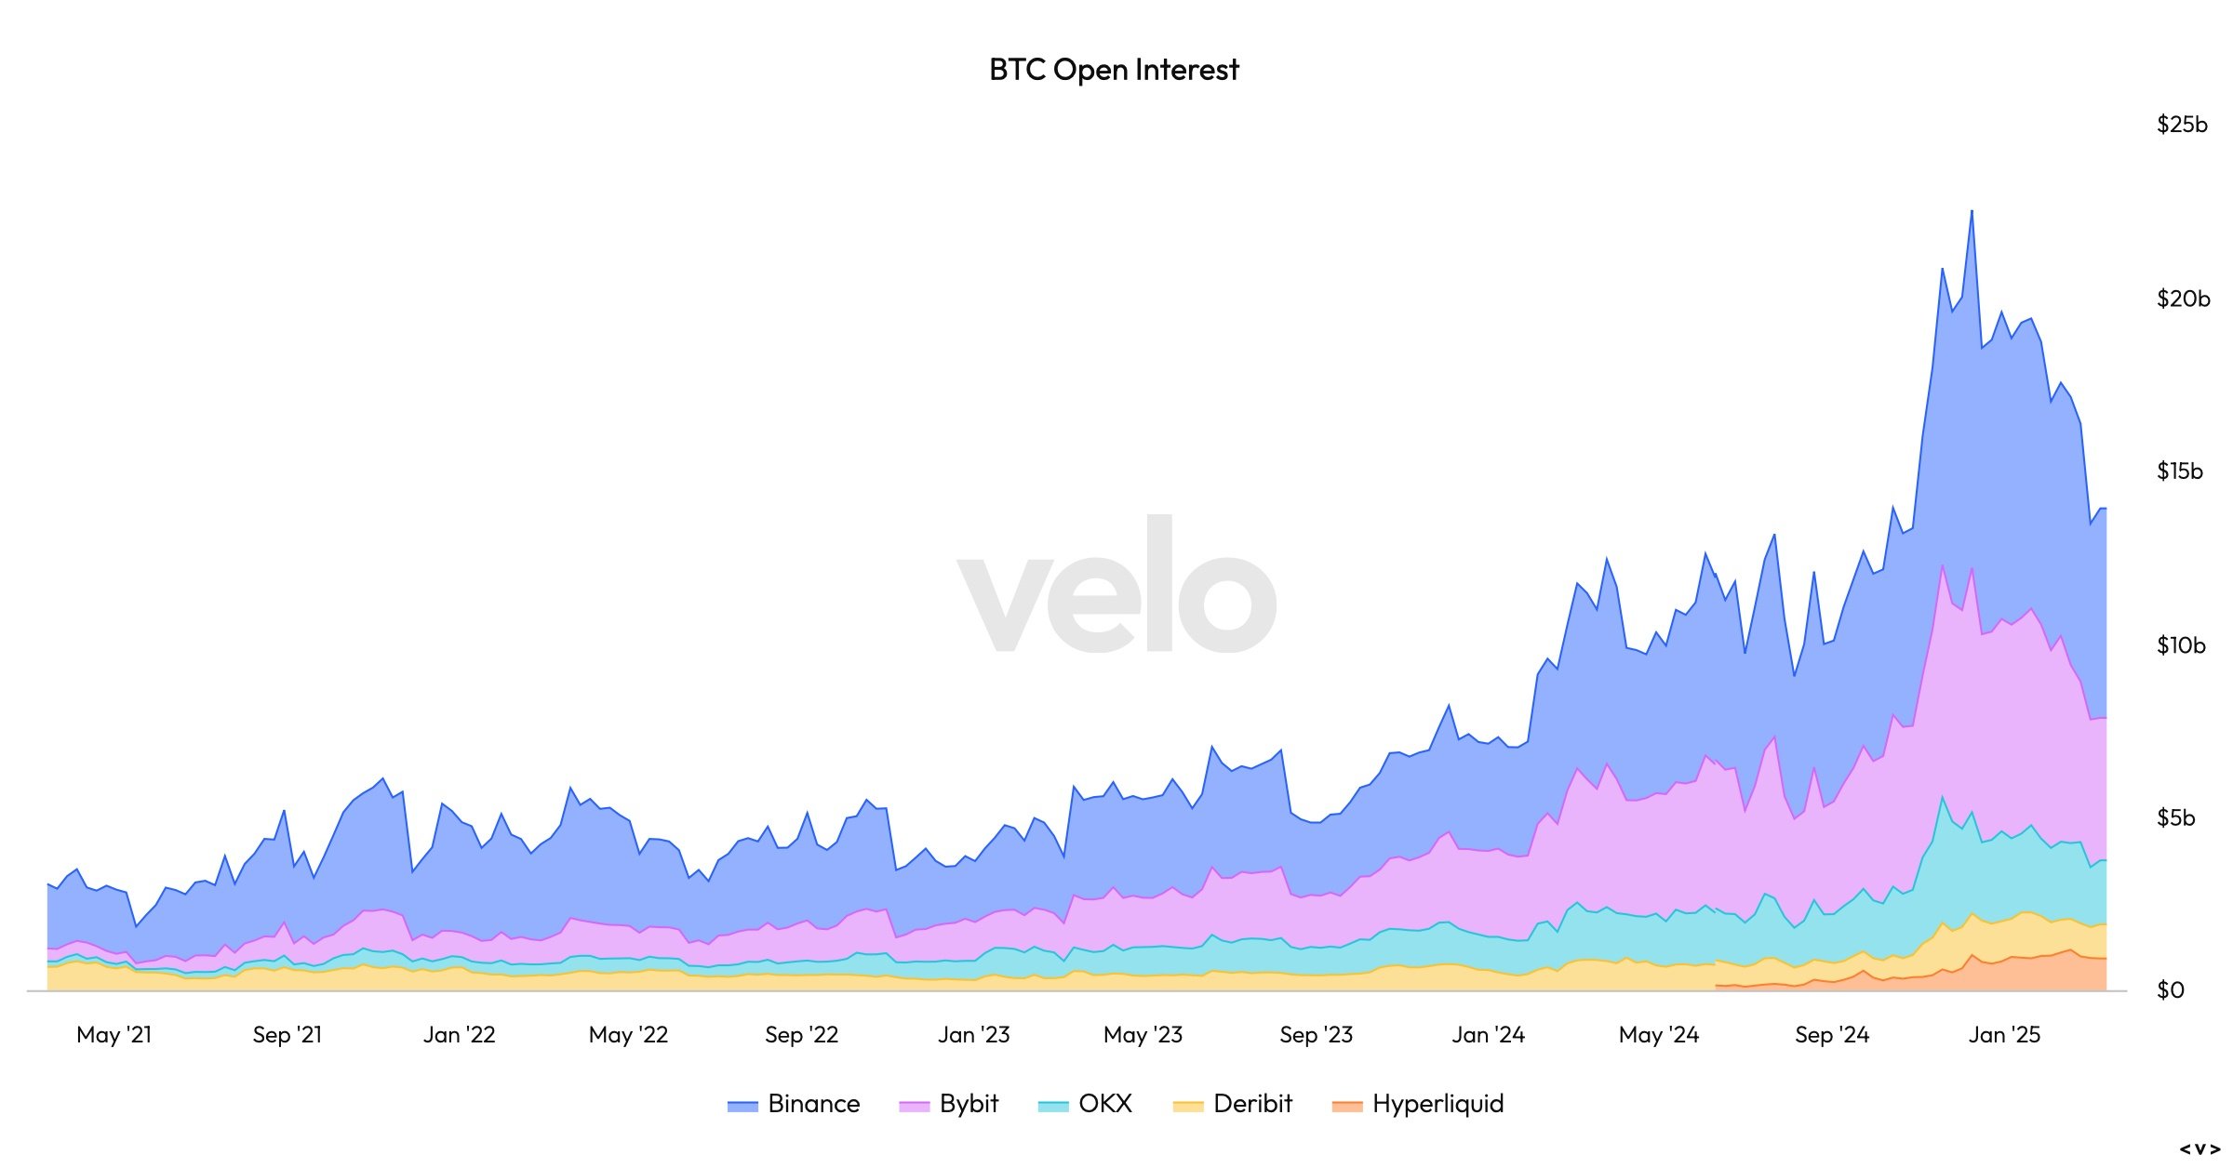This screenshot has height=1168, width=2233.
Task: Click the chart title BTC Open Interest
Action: click(1114, 70)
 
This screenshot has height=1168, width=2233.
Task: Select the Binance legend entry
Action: click(794, 1104)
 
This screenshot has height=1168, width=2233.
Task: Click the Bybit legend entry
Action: click(948, 1104)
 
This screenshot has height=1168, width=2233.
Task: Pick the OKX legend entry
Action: click(1085, 1104)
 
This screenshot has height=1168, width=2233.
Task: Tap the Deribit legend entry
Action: click(1233, 1104)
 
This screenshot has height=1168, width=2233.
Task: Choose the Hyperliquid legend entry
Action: click(1418, 1104)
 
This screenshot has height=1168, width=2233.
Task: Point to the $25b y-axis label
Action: click(2182, 125)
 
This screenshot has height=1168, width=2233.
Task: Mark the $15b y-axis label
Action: click(2180, 471)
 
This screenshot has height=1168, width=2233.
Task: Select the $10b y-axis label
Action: click(2182, 645)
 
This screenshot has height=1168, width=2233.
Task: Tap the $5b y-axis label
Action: click(2175, 818)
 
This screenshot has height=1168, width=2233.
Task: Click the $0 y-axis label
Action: click(2171, 990)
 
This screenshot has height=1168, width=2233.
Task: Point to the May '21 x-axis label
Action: click(114, 1035)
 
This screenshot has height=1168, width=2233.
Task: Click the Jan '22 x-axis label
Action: click(460, 1035)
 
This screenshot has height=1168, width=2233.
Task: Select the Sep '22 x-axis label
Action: click(802, 1035)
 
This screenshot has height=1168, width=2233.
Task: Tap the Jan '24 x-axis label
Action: click(1489, 1035)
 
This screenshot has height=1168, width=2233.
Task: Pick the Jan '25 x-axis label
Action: click(2004, 1035)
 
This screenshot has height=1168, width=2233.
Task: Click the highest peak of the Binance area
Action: click(1972, 211)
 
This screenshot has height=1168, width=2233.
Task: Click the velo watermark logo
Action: click(1117, 584)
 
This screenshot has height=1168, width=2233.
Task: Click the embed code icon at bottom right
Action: click(2200, 1149)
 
